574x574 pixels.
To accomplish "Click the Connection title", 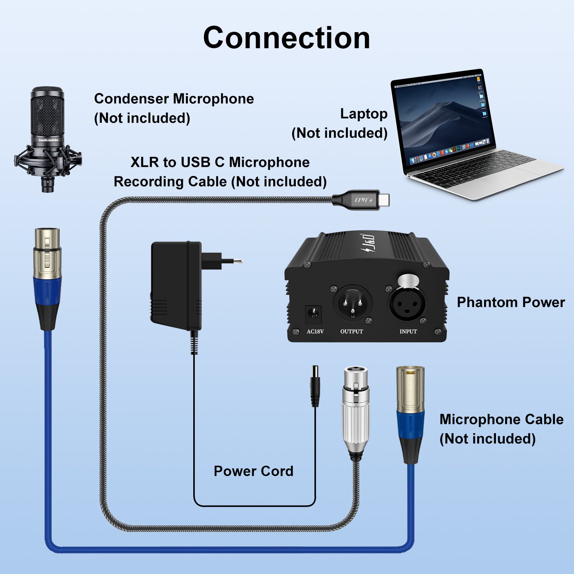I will pyautogui.click(x=287, y=38).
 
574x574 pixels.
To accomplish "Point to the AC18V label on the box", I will pyautogui.click(x=315, y=331).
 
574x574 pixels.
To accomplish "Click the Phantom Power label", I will pyautogui.click(x=510, y=302).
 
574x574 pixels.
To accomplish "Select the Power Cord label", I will pyautogui.click(x=253, y=471).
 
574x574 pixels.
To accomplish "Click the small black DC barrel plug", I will pyautogui.click(x=315, y=386).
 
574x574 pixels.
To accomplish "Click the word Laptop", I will pyautogui.click(x=364, y=114).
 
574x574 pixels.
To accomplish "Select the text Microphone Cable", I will pyautogui.click(x=501, y=419).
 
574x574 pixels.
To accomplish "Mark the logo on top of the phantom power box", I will pyautogui.click(x=367, y=244).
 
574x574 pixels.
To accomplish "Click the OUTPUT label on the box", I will pyautogui.click(x=352, y=331).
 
